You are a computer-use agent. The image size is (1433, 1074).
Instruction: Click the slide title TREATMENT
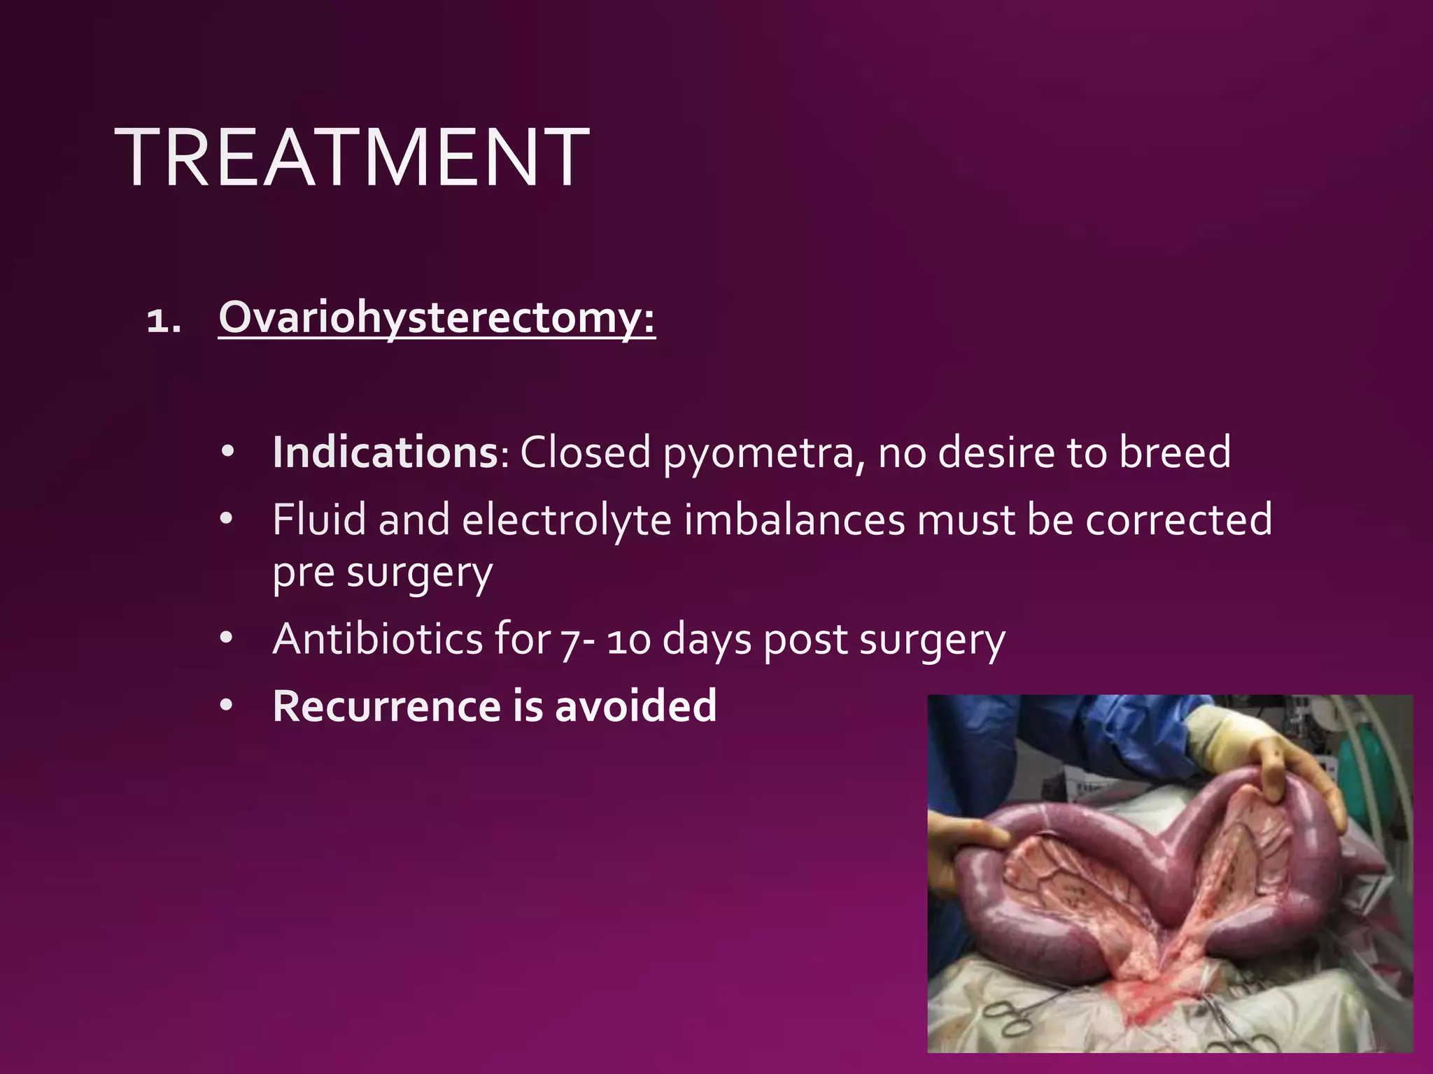pos(351,158)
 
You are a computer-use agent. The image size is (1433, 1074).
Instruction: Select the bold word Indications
pos(385,452)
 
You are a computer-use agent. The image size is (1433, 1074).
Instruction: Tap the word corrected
pos(1178,521)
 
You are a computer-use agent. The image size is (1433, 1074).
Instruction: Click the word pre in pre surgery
pos(303,575)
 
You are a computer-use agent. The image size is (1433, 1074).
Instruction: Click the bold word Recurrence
pos(386,706)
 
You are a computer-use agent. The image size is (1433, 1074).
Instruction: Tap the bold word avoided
pos(635,706)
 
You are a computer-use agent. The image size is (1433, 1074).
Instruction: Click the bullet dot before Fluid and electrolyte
pos(226,520)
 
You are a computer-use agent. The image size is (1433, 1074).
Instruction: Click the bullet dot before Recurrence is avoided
pos(226,706)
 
